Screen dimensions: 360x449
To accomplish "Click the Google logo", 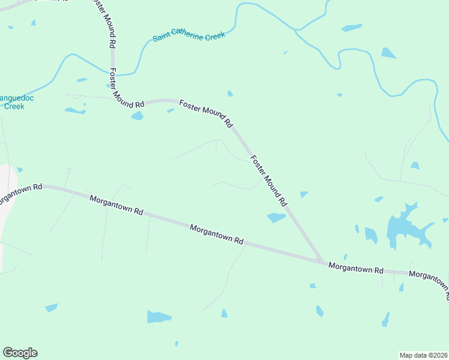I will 20,353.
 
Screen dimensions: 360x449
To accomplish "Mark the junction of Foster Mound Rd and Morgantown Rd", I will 321,261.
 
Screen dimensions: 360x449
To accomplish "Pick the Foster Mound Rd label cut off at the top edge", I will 103,23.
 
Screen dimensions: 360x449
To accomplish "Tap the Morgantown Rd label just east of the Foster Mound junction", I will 355,268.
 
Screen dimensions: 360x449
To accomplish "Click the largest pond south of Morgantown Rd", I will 158,316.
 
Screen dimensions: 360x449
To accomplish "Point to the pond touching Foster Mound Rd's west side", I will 277,217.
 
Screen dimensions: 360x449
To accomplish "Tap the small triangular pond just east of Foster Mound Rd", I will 304,194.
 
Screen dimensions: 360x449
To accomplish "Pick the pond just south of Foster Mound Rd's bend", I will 137,115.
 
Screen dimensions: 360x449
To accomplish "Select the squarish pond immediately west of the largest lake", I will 370,235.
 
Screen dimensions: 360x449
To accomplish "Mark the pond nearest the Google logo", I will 51,308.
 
